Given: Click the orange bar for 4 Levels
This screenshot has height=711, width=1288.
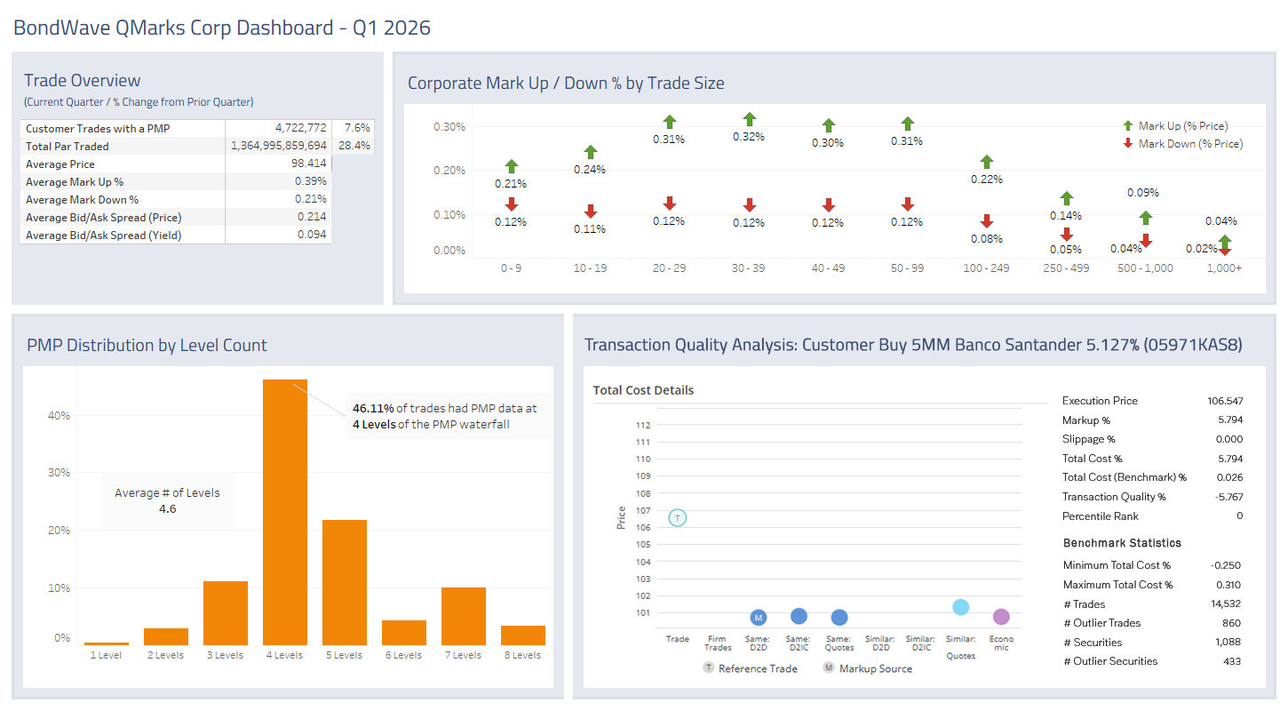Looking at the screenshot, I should pos(284,511).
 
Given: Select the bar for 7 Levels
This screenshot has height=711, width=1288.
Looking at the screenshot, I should pos(463,616).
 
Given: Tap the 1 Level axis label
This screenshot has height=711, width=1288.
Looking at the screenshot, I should pos(106,655).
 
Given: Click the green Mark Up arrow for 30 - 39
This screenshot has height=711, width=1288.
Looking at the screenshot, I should pos(749,119).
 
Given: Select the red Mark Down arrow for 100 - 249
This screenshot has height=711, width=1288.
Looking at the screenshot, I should pos(986,221).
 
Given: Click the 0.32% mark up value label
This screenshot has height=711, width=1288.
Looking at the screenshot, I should pos(749,137).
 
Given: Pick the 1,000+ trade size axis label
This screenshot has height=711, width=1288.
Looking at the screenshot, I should pos(1224,268).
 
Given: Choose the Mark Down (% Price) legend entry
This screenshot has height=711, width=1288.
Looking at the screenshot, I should pos(1189,143).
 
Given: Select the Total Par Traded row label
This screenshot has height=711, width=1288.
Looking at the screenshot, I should pos(68,147).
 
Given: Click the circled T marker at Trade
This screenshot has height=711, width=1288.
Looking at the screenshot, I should pos(677,517).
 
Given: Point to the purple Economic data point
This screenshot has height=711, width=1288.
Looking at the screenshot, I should pos(1001,617).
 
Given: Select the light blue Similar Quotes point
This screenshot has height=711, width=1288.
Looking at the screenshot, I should pos(960,607).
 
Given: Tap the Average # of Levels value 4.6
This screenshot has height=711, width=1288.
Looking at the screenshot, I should pos(167,509).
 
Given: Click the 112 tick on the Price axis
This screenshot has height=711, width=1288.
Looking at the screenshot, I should pos(643,425).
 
